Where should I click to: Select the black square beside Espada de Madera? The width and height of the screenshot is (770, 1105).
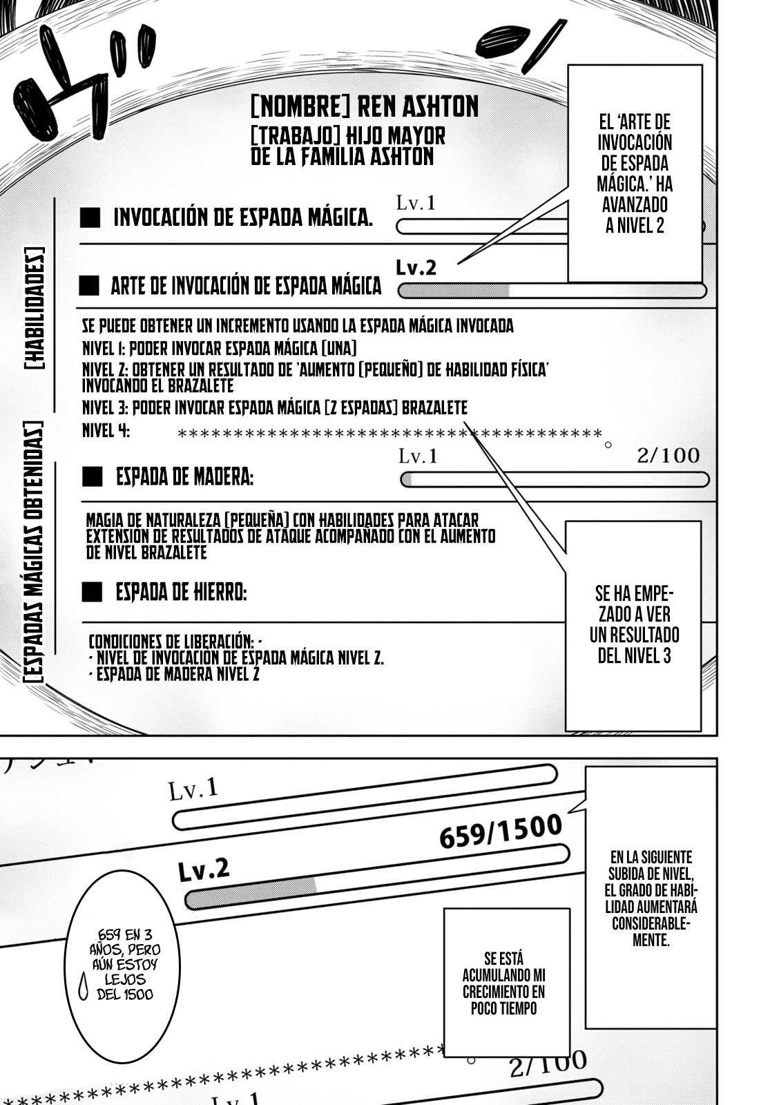[92, 477]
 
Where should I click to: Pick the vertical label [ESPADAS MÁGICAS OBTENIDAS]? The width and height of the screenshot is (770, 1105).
[34, 552]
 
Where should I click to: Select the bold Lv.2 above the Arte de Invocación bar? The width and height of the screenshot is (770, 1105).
[416, 268]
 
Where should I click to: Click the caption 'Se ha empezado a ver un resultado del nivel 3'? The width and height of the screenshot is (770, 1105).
[634, 624]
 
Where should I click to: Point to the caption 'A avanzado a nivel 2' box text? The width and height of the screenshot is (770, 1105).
[635, 174]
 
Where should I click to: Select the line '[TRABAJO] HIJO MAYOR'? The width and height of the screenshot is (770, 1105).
[348, 136]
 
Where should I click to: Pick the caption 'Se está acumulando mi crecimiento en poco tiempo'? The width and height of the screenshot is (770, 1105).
[504, 983]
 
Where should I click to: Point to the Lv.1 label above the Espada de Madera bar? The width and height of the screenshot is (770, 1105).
[418, 457]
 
